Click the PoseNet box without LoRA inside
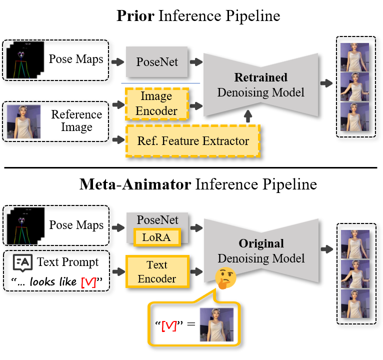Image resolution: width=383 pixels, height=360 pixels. pos(156,62)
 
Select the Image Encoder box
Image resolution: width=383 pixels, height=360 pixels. pos(156,103)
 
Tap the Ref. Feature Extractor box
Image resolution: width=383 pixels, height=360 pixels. pos(192,141)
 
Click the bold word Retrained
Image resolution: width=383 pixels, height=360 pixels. pos(260,77)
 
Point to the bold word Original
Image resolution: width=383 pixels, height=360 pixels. pos(260,244)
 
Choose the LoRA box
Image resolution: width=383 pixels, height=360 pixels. pos(156,237)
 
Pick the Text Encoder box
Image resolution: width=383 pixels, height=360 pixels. pos(157,271)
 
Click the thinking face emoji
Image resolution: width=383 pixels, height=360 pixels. pos(225,278)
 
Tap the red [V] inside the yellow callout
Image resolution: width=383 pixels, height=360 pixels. pos(169,326)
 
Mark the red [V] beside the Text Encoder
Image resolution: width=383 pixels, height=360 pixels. pos(88,282)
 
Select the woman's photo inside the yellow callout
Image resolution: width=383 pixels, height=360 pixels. pos(216,324)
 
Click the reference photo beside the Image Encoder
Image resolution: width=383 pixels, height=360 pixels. pos(23,121)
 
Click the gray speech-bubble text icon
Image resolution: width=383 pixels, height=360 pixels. pos(22,262)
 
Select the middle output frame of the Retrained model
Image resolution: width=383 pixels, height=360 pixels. pos(354,87)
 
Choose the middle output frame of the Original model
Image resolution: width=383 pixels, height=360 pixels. pos(355,274)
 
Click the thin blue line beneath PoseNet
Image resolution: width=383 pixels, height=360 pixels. pos(160,83)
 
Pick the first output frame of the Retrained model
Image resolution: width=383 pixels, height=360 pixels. pos(354,57)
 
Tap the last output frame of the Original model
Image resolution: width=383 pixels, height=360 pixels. pos(355,303)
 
